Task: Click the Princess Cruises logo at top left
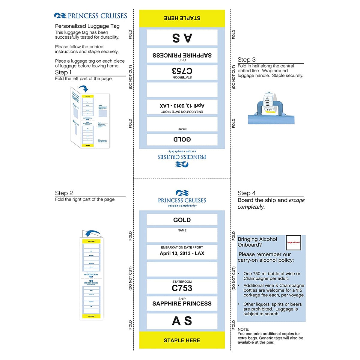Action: click(x=91, y=16)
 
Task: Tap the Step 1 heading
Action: click(x=63, y=73)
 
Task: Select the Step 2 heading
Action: click(x=64, y=193)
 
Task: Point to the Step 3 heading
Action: click(x=247, y=60)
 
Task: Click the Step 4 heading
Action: click(x=247, y=193)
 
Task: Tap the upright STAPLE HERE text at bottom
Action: click(x=182, y=340)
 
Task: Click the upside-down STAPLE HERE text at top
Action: click(x=182, y=18)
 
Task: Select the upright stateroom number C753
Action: click(x=182, y=288)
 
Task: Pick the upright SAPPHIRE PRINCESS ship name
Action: click(x=182, y=304)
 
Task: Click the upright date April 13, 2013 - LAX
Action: click(x=182, y=253)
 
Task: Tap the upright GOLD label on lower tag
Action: click(x=182, y=220)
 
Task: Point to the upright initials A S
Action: click(x=182, y=321)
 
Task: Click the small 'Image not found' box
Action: click(x=293, y=242)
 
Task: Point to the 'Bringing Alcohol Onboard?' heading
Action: click(x=257, y=242)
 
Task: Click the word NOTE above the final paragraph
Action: click(x=243, y=329)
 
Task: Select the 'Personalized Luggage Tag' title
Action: click(x=87, y=26)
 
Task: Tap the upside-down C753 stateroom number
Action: click(x=182, y=71)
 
